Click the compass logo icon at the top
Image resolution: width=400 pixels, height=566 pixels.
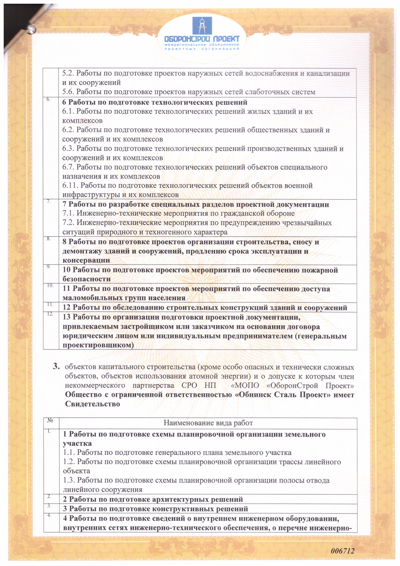click(202, 26)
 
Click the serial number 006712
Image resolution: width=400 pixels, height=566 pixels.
click(342, 551)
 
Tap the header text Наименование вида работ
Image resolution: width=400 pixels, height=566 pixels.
click(208, 423)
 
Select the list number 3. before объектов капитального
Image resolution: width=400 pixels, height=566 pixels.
click(56, 366)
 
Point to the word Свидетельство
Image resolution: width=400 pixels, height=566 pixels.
click(92, 404)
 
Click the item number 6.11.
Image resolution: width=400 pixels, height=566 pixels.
click(70, 186)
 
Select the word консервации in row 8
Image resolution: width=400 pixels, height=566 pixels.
click(86, 260)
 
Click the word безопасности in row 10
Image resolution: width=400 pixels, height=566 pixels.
click(87, 279)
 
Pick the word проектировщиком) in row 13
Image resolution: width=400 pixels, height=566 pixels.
click(98, 345)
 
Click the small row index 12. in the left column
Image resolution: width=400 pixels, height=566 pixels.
click(51, 314)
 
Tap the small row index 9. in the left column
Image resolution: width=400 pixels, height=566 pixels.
click(49, 267)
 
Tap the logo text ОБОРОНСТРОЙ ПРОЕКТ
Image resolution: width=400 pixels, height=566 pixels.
click(202, 39)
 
